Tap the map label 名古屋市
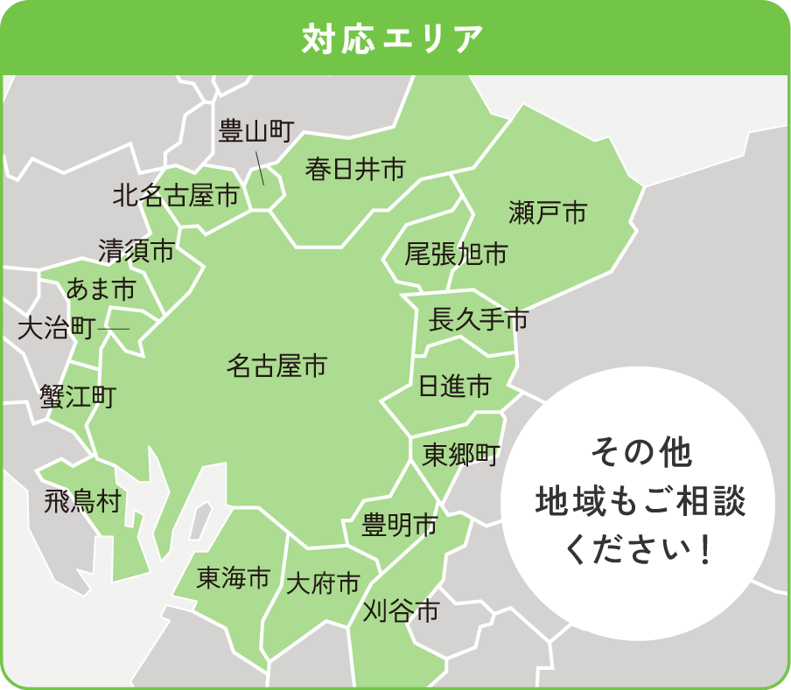click(x=276, y=366)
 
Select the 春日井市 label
click(x=355, y=169)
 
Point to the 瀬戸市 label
click(x=548, y=212)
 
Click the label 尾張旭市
click(x=456, y=254)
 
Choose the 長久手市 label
click(x=479, y=321)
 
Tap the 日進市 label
click(x=455, y=386)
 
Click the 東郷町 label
click(x=460, y=455)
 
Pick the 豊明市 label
click(x=400, y=526)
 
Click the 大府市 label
click(x=323, y=583)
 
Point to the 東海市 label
click(x=233, y=577)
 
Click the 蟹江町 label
click(x=77, y=397)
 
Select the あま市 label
click(x=101, y=288)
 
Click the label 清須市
click(x=136, y=251)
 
